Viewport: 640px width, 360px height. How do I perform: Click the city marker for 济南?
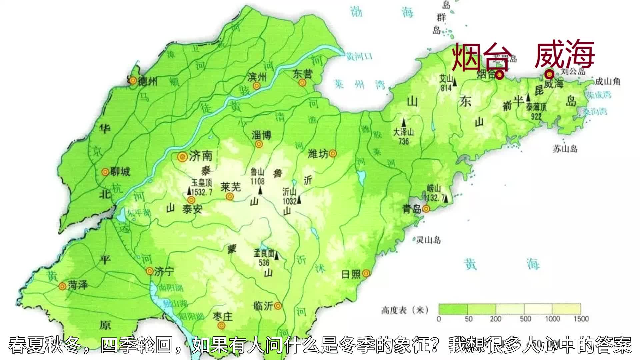click(x=182, y=157)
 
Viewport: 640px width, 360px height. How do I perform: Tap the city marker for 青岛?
click(x=426, y=209)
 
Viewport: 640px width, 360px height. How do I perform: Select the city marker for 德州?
click(x=133, y=80)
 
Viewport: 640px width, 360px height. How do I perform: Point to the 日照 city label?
click(x=351, y=274)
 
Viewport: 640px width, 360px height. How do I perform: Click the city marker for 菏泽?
click(x=62, y=286)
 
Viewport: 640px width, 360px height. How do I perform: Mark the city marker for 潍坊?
click(x=333, y=154)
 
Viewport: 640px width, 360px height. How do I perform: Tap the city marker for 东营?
click(x=302, y=82)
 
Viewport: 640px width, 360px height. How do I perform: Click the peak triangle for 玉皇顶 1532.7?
click(x=189, y=191)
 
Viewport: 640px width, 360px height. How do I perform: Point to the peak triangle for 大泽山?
click(x=404, y=122)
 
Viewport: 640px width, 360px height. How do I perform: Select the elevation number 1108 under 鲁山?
click(x=257, y=181)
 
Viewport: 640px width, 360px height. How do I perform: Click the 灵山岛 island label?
click(x=428, y=240)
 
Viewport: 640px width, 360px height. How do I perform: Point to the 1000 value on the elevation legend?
click(x=552, y=319)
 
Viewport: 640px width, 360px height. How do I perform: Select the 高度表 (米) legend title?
click(x=404, y=310)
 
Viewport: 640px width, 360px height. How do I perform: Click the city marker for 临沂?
click(x=278, y=306)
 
